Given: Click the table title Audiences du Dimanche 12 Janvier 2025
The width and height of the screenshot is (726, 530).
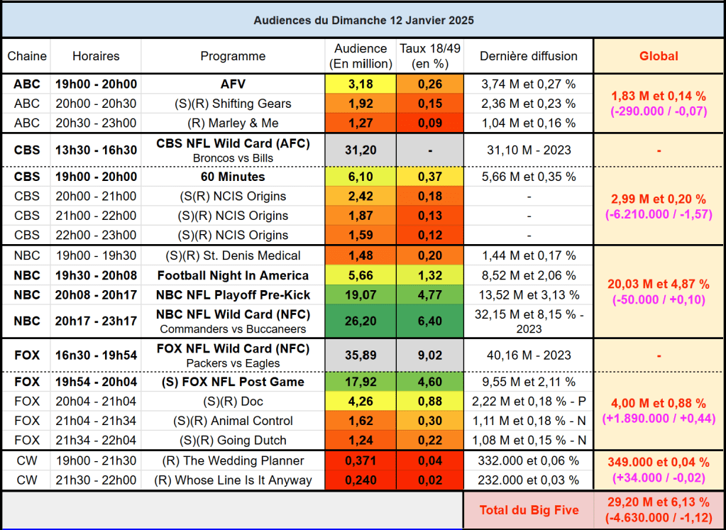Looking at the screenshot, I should [363, 20].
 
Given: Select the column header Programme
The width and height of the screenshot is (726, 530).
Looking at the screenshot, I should [233, 56].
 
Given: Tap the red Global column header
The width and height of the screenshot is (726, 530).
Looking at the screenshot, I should [659, 56].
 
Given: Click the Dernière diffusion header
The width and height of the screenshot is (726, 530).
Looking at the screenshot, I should [529, 56].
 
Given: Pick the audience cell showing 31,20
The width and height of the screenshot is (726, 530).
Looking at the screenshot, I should [361, 150].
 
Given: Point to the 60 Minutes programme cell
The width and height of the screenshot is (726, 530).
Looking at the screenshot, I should [233, 177].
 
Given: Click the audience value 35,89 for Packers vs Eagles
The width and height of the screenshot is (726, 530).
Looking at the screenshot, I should [361, 355].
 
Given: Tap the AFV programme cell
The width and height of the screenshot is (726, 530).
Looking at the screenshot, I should [233, 84].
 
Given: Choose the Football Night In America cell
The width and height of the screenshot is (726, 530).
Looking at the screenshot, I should [233, 275].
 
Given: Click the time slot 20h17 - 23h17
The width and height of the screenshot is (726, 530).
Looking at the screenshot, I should [96, 321].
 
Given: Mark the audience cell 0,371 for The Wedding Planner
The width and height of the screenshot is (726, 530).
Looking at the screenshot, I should [361, 460].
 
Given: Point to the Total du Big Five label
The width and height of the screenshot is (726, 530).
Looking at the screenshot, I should [529, 509].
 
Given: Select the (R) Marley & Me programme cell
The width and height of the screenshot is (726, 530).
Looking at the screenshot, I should [233, 123].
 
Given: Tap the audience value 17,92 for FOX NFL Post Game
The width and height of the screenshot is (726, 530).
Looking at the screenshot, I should [361, 382].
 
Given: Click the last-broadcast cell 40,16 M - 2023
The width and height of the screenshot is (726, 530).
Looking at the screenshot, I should [529, 355].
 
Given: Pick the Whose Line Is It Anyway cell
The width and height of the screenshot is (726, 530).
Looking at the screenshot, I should [233, 480].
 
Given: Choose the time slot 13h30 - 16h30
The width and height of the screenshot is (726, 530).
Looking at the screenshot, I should [96, 150].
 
